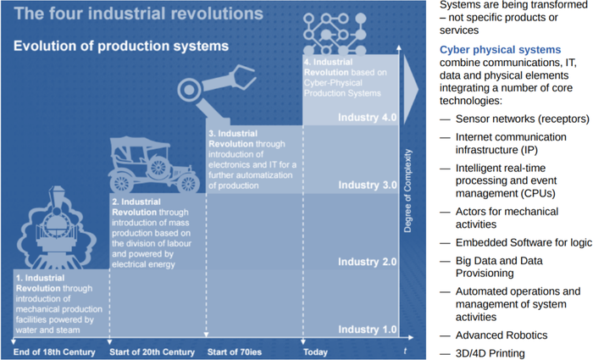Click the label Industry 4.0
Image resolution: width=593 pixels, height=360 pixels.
[367, 118]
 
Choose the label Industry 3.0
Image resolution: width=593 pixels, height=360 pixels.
[367, 185]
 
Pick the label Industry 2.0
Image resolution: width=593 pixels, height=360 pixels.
[367, 262]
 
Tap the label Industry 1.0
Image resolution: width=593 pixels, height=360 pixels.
[367, 329]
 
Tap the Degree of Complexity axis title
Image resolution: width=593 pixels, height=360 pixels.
[408, 191]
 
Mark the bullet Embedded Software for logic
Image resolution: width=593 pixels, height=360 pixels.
[515, 242]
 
